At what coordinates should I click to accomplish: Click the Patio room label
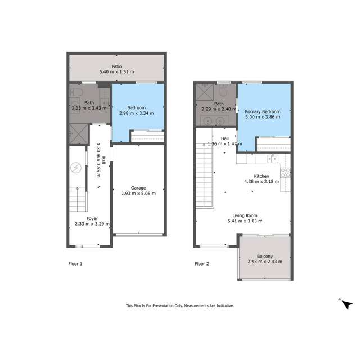[x=116, y=66]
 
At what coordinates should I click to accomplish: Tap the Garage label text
[x=138, y=187]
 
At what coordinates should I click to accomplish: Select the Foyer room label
[x=92, y=218]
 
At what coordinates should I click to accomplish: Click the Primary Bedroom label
[x=263, y=112]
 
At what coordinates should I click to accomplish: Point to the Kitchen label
[x=262, y=176]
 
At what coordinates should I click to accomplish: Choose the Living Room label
[x=245, y=215]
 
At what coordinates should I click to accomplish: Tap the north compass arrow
[x=347, y=304]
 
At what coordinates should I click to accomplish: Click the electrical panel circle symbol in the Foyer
[x=76, y=168]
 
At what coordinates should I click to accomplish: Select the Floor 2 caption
[x=202, y=263]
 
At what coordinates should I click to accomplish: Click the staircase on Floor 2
[x=205, y=172]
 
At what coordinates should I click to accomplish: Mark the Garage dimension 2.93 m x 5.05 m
[x=138, y=193]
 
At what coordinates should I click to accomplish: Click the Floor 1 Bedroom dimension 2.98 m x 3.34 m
[x=136, y=113]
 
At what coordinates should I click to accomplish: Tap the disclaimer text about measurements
[x=179, y=306]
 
